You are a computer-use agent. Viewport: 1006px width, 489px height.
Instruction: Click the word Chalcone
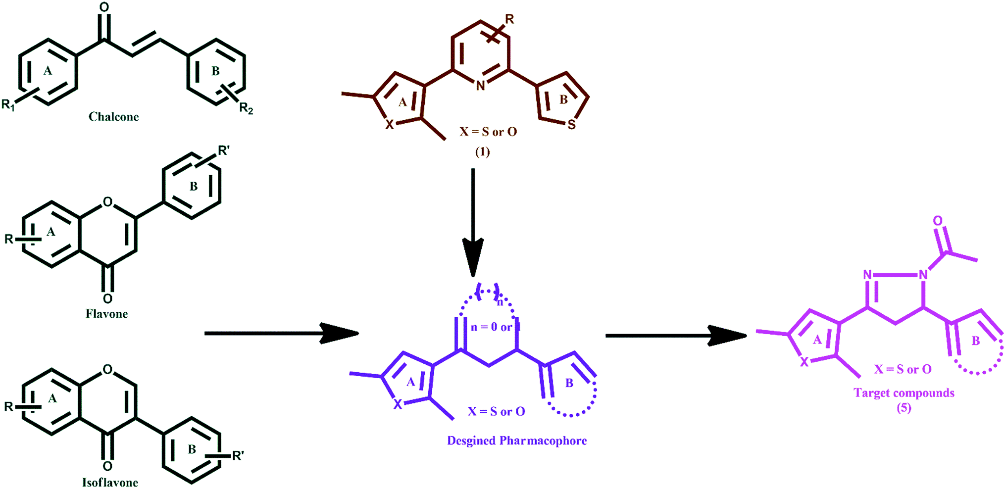tap(113, 117)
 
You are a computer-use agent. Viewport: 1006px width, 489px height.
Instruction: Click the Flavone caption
tap(106, 314)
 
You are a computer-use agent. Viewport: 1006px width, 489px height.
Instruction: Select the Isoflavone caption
tap(110, 483)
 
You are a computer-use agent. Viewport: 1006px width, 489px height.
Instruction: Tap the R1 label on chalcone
tap(8, 104)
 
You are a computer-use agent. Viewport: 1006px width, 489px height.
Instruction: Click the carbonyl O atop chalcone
tap(104, 7)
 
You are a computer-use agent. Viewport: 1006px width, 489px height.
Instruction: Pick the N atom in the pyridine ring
tap(480, 86)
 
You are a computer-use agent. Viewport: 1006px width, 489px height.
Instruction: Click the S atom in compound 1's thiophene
tap(572, 125)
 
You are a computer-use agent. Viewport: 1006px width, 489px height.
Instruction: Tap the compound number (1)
tap(482, 151)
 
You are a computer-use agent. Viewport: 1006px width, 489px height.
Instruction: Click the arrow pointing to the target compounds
tap(676, 336)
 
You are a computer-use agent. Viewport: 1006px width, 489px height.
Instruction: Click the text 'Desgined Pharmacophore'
tap(517, 440)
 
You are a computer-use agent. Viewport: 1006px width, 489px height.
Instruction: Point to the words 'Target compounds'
tap(904, 393)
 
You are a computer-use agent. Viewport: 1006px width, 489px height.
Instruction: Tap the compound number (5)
tap(904, 408)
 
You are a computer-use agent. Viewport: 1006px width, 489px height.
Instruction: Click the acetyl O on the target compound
tap(937, 221)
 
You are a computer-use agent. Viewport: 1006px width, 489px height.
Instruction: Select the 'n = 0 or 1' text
tap(495, 327)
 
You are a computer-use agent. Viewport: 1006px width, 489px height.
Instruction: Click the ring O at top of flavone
tap(107, 202)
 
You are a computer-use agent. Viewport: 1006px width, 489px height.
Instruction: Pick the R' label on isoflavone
tap(238, 455)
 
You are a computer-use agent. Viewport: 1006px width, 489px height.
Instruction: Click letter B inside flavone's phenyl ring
tap(194, 187)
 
